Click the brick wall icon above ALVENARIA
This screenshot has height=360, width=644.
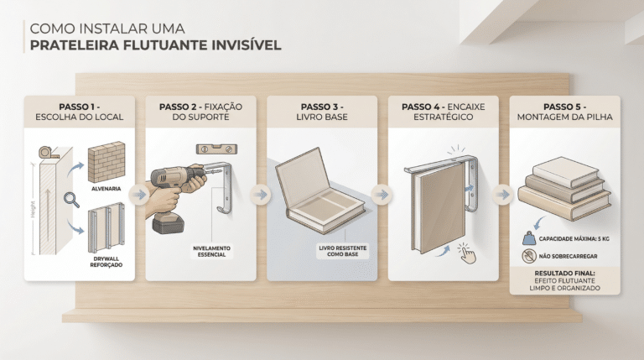click(106, 162)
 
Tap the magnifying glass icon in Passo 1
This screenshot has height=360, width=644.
click(71, 200)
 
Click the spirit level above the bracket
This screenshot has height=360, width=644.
click(216, 149)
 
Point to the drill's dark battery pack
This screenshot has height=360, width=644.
click(168, 224)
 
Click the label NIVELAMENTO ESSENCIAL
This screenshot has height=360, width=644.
click(211, 252)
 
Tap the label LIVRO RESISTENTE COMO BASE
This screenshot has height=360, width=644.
click(342, 251)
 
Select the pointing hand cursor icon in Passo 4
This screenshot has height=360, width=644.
click(467, 253)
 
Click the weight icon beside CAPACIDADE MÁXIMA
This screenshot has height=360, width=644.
click(529, 238)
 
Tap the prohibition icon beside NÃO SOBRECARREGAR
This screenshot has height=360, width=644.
click(529, 256)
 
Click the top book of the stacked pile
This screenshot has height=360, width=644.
click(565, 171)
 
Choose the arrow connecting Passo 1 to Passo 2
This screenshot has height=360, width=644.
click(140, 195)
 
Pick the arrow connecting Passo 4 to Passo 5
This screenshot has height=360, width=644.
click(503, 195)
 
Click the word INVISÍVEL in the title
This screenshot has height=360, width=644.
click(247, 44)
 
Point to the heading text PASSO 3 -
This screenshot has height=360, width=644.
click(322, 107)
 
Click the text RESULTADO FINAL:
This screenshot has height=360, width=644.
click(564, 274)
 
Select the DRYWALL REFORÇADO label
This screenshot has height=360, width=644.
click(106, 262)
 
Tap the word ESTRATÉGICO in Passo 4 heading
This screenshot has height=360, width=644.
click(443, 117)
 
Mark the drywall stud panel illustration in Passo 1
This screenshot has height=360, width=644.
click(106, 227)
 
